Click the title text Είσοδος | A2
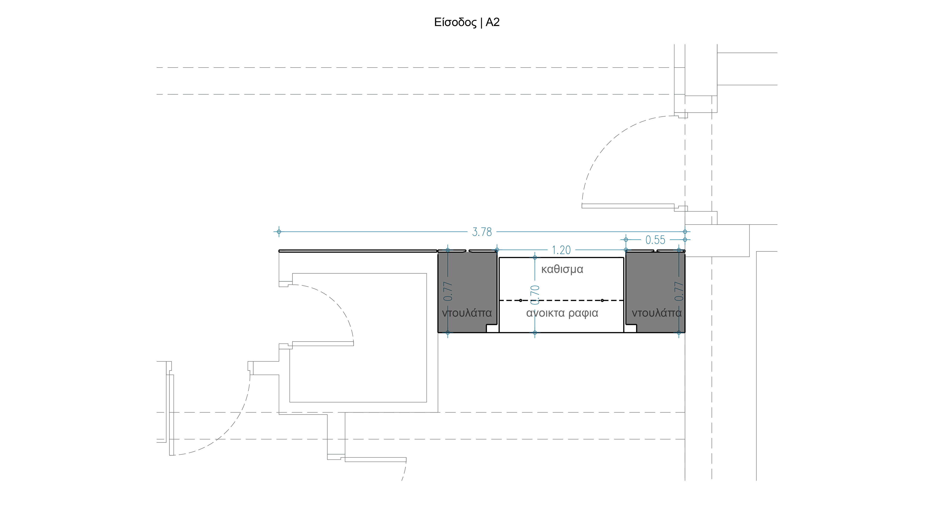[x=467, y=22]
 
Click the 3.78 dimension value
[x=482, y=232]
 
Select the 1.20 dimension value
[x=561, y=250]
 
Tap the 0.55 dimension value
[x=655, y=240]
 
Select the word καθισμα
[x=562, y=269]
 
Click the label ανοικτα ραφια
[x=562, y=313]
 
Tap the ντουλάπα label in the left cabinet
[x=467, y=313]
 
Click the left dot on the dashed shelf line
[x=521, y=300]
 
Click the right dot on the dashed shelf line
[x=602, y=300]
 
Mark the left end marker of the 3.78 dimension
[x=279, y=232]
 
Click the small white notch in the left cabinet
[x=492, y=329]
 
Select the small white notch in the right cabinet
[x=631, y=329]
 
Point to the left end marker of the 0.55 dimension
[x=626, y=240]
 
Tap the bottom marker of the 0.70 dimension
[x=535, y=332]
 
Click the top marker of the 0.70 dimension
[x=535, y=258]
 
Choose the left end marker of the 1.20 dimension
[x=497, y=250]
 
